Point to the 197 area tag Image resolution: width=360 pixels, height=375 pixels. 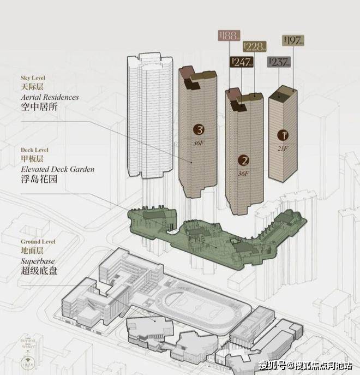tap(293, 40)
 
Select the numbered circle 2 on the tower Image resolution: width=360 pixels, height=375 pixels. tap(244, 160)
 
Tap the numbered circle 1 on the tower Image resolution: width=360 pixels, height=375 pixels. tap(283, 134)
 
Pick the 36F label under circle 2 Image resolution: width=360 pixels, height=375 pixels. tap(243, 174)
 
